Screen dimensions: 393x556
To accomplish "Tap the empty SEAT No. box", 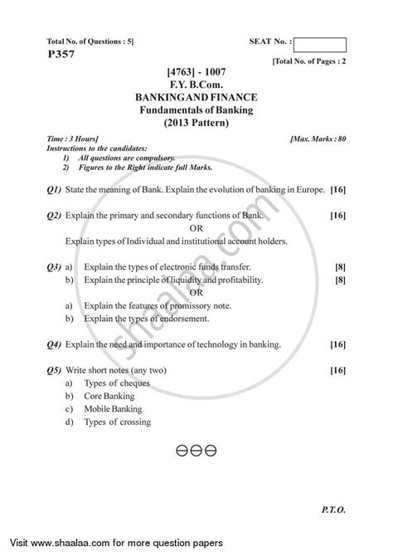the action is pos(319,45).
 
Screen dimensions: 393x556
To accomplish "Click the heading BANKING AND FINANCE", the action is pos(196,97).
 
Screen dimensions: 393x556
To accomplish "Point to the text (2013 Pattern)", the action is pos(196,122).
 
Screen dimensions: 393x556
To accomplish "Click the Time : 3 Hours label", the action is pos(72,135).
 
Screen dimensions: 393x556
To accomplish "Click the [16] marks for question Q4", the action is pos(337,343).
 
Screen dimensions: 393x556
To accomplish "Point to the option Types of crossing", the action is pos(118,422).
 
